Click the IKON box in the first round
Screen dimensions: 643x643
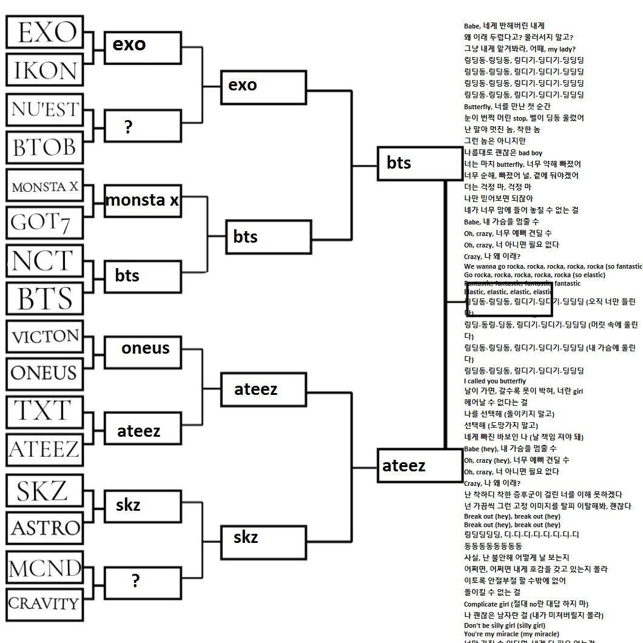[45, 70]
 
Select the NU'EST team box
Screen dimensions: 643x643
[45, 110]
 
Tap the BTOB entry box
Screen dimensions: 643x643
[45, 147]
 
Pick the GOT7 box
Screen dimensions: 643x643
[45, 223]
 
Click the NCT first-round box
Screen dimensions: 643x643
[45, 261]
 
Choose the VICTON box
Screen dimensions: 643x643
[45, 337]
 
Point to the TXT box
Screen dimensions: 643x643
[45, 411]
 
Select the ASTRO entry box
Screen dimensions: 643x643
[45, 527]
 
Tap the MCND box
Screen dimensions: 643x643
[45, 568]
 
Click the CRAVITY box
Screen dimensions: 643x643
[45, 604]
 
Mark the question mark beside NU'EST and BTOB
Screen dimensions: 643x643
[128, 127]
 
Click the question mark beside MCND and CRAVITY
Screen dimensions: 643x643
[135, 581]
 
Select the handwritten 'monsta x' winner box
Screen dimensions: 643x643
[142, 200]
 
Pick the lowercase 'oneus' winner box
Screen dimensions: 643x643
[145, 349]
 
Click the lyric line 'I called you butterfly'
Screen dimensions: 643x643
[495, 381]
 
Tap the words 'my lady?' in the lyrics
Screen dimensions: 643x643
[561, 49]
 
